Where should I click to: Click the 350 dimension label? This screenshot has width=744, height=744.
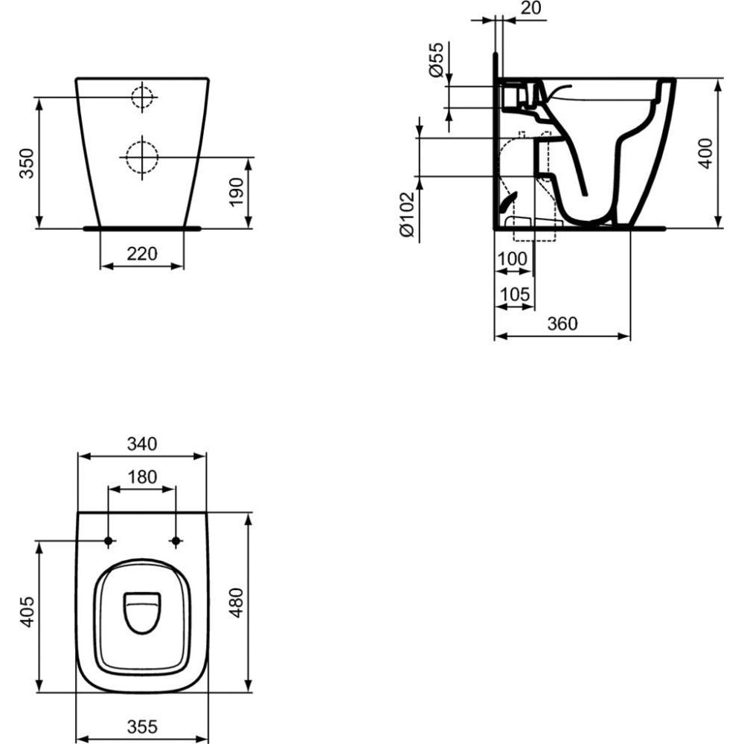tap(27, 163)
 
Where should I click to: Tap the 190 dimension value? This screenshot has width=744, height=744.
tap(237, 192)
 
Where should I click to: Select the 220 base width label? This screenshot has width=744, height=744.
tap(142, 254)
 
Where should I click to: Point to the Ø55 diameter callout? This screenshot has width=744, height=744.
tap(436, 60)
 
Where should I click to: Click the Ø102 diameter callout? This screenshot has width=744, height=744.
tap(408, 214)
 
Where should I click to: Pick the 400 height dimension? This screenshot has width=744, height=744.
tap(707, 153)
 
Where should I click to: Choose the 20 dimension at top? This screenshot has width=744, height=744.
tap(530, 8)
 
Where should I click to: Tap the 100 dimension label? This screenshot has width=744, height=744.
tap(512, 259)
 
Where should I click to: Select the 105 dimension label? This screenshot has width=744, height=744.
tap(515, 295)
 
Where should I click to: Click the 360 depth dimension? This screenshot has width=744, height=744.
tap(562, 324)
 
